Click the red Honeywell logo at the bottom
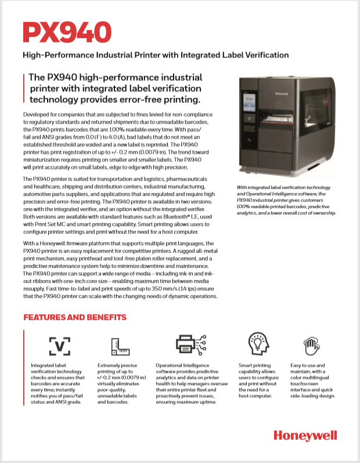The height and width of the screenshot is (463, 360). (305, 436)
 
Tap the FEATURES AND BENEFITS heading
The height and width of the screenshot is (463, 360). (74, 317)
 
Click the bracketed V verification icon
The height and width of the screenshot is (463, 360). (60, 346)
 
